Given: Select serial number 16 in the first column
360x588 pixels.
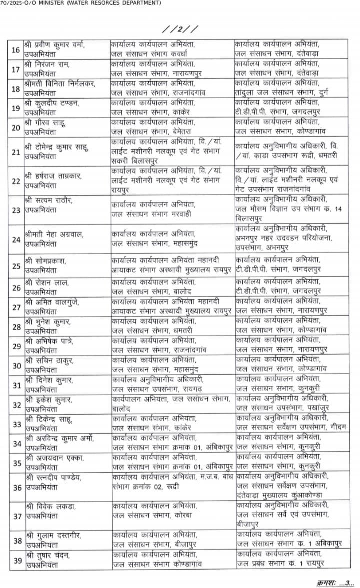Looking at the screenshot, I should tap(16, 50).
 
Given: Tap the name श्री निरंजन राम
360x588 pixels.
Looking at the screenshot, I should tap(48, 64).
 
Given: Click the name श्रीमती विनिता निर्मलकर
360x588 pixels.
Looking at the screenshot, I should tap(59, 82).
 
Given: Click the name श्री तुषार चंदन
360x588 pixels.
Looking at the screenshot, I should tap(48, 556).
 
